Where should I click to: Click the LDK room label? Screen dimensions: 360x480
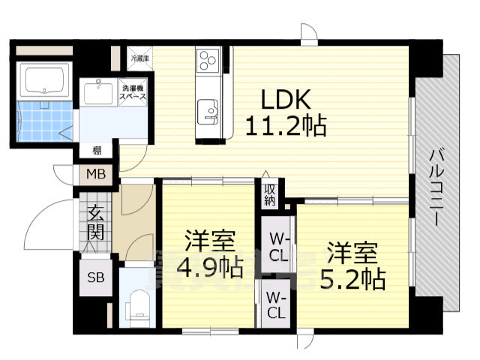point(283,100)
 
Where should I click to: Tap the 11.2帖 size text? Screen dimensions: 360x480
point(285,124)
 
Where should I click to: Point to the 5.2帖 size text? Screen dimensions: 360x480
point(355,279)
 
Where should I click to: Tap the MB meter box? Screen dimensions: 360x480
point(97,175)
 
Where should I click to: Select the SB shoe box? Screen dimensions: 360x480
point(96,277)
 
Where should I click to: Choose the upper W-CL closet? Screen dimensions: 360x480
point(278,248)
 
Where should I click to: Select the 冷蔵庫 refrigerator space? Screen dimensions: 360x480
point(140,57)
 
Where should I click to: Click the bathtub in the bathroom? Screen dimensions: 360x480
point(46,80)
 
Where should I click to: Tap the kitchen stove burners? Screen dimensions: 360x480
point(208,60)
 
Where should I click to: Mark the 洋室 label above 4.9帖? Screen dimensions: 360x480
point(209,241)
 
